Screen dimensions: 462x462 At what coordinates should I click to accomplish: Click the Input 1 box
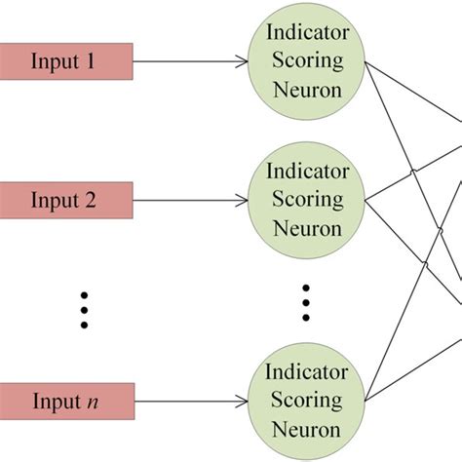click(x=64, y=61)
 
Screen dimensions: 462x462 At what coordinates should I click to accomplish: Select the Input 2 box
click(x=64, y=202)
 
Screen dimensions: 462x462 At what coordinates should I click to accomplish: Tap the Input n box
click(x=64, y=400)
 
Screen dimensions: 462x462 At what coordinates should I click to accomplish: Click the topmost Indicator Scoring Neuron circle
click(x=305, y=60)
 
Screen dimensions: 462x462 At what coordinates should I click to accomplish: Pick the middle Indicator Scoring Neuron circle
click(x=305, y=201)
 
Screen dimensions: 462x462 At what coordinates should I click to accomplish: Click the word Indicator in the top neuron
click(x=307, y=32)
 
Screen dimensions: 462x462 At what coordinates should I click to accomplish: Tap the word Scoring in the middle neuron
click(x=307, y=201)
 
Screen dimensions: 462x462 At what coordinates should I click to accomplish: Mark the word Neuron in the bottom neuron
click(x=307, y=430)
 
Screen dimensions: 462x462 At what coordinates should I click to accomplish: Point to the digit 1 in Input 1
click(x=91, y=61)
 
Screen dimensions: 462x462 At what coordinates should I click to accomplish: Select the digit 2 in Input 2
click(x=91, y=202)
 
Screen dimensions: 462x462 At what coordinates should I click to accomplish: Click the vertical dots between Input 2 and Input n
click(x=84, y=308)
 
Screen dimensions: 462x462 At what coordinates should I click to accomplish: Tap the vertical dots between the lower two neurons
click(x=305, y=302)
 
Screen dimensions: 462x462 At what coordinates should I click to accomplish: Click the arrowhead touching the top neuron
click(x=241, y=62)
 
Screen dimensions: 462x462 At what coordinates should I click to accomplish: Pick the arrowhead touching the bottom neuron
click(x=241, y=401)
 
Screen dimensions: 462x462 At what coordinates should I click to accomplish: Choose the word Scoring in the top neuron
click(x=307, y=60)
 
